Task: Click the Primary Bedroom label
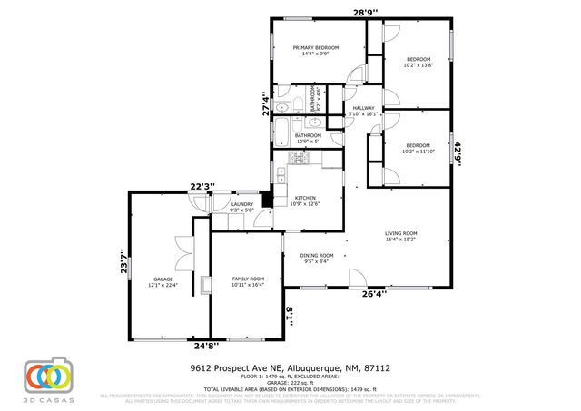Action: click(x=316, y=51)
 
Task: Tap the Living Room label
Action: click(x=400, y=237)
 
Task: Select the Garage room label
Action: click(x=163, y=281)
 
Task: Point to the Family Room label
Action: click(x=247, y=281)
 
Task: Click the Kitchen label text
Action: click(x=304, y=201)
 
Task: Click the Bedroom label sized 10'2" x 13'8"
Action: click(x=419, y=61)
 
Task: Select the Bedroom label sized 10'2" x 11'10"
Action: click(x=418, y=148)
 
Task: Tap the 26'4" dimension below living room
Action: click(x=375, y=293)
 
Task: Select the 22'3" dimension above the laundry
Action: click(x=201, y=187)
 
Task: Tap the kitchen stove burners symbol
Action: click(x=299, y=158)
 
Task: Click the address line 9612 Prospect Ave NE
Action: click(x=290, y=369)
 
